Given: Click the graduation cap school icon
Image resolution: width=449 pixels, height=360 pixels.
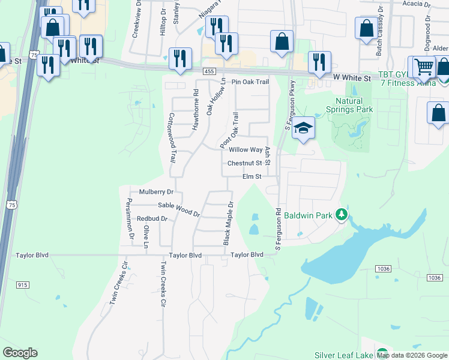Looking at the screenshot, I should [x=304, y=127].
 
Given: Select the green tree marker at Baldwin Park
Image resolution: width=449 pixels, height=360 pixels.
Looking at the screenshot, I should [x=342, y=214].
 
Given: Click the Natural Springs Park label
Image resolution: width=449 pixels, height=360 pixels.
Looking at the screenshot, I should [x=349, y=105].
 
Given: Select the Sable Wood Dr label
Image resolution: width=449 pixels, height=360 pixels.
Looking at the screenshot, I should [x=179, y=208].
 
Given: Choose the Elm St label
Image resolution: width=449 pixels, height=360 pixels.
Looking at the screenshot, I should [x=252, y=176].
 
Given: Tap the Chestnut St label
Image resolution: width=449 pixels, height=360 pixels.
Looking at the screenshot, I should [x=245, y=163].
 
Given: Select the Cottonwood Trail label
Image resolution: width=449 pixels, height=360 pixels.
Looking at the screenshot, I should [x=172, y=139].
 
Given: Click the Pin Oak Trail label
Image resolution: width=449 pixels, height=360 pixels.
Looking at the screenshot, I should [x=250, y=82].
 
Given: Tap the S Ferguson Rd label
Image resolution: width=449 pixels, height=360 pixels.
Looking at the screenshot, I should [x=279, y=229].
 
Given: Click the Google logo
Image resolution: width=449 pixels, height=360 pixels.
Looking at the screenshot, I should [x=20, y=353].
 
